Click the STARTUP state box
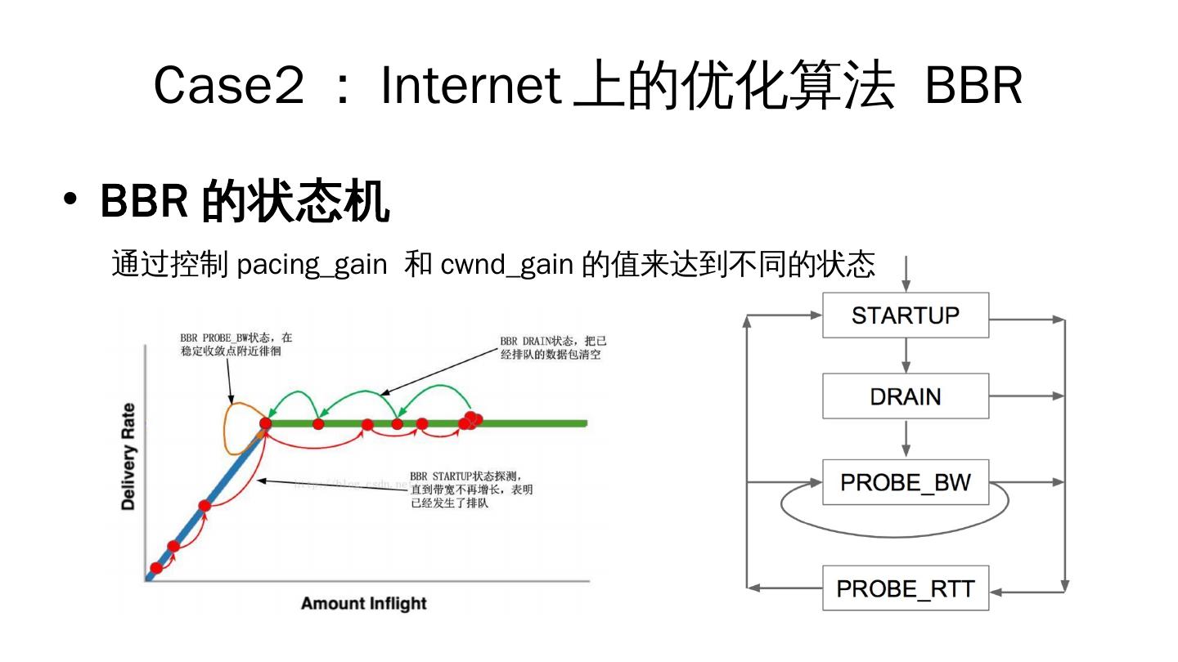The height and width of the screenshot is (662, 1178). [905, 315]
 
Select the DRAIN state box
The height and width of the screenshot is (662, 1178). [905, 396]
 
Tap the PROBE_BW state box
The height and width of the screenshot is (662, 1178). [905, 482]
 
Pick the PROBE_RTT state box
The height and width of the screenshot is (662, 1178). [905, 588]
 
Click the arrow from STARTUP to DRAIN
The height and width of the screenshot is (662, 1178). [906, 356]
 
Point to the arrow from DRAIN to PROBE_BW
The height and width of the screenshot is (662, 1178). [906, 439]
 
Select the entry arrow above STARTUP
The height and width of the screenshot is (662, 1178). [906, 274]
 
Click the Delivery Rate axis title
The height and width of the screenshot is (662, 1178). [128, 457]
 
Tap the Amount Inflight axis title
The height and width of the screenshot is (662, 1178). [364, 604]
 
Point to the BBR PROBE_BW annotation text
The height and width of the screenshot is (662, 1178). [236, 344]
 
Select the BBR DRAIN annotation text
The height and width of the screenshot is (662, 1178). [554, 348]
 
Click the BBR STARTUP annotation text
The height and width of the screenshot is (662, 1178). [471, 489]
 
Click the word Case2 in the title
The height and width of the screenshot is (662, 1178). [228, 85]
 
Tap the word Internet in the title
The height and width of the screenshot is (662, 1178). [470, 85]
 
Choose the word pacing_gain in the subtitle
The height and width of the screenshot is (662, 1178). [312, 265]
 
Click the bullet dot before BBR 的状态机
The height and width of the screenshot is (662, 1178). [71, 201]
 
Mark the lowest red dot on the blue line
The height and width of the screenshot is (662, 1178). [156, 568]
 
